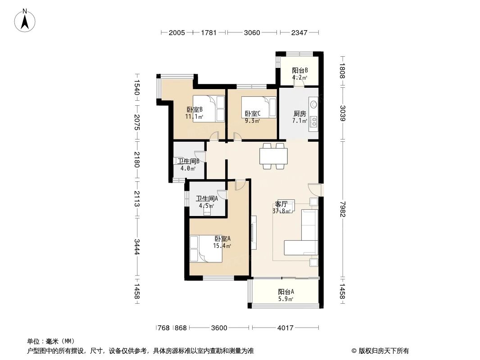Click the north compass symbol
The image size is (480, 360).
pos(26,20)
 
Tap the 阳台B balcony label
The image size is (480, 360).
pos(299,71)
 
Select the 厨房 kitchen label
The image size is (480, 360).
pos(299,114)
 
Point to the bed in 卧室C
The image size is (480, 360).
pos(258,108)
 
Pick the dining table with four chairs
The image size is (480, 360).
pos(273,156)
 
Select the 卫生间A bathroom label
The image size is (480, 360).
pos(207,198)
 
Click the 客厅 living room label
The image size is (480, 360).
pos(281,204)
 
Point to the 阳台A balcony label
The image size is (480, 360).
pos(286,292)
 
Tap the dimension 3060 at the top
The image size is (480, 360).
pos(252,32)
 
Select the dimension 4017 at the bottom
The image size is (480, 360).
pos(285,328)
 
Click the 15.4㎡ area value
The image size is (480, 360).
pos(222,246)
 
